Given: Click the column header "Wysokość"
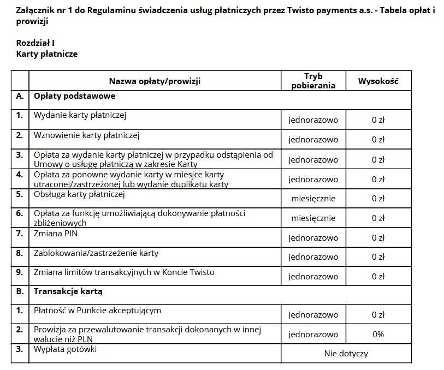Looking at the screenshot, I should (x=378, y=81).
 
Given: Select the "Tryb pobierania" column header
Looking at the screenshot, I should (x=313, y=81).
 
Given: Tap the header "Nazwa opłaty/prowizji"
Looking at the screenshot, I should (x=155, y=81).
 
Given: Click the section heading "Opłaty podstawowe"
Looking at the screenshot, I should (x=74, y=96).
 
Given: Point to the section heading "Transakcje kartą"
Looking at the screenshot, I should (x=68, y=291).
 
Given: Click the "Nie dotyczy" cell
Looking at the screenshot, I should (x=346, y=354).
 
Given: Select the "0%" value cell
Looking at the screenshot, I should (x=378, y=334).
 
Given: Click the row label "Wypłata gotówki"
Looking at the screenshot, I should (x=65, y=349).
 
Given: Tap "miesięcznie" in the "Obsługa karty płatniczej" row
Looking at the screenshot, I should (x=313, y=199).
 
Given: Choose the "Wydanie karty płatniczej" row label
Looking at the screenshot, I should (x=80, y=115).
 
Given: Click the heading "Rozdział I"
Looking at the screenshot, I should (x=35, y=43).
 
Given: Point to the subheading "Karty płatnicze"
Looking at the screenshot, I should (x=47, y=54).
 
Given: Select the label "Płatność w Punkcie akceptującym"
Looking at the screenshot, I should (x=97, y=311).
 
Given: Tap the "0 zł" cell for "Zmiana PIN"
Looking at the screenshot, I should (x=378, y=238).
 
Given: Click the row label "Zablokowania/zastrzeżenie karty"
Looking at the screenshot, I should (x=96, y=253).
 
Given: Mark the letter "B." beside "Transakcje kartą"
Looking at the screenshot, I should (x=20, y=291).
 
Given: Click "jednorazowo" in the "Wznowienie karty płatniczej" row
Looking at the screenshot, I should (x=313, y=140).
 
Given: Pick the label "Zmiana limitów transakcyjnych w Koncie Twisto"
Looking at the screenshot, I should (x=124, y=272).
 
